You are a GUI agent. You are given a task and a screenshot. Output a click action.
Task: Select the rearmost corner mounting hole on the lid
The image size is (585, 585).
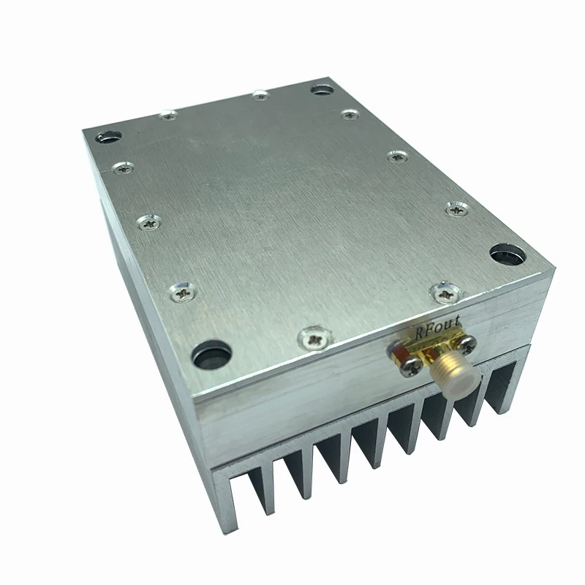320,89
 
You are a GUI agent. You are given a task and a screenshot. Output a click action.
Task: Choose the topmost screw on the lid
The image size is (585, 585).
260,94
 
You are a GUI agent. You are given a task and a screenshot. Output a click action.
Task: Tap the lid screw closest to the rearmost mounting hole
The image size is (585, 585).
350,114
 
